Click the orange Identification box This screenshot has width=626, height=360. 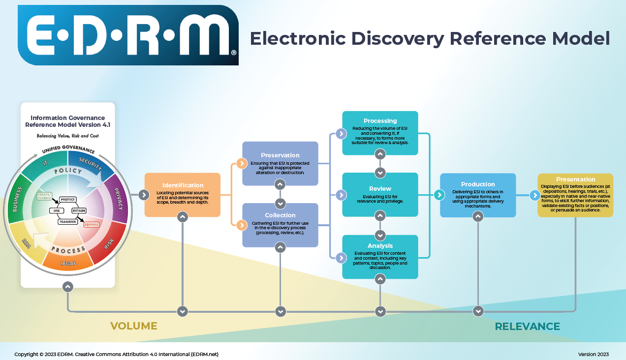[x=182, y=195]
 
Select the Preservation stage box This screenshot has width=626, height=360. [x=280, y=164]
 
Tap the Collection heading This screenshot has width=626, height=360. [x=280, y=215]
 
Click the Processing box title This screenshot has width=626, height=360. [x=380, y=121]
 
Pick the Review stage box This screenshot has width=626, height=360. [x=380, y=195]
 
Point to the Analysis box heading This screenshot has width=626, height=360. [x=380, y=245]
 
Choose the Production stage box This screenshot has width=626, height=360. [x=478, y=195]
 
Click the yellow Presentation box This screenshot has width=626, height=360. [x=575, y=195]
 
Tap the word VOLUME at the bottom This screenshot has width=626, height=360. [x=133, y=326]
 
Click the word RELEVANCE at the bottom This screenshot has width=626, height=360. [x=527, y=327]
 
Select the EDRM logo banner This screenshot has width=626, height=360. [x=128, y=35]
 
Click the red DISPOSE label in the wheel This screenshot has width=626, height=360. [x=92, y=225]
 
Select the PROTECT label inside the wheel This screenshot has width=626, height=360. [x=67, y=199]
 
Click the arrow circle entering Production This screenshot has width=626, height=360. [x=439, y=195]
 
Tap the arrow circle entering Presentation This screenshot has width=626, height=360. [x=535, y=195]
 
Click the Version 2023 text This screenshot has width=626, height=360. [x=593, y=354]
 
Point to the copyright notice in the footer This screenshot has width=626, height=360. [x=116, y=354]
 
